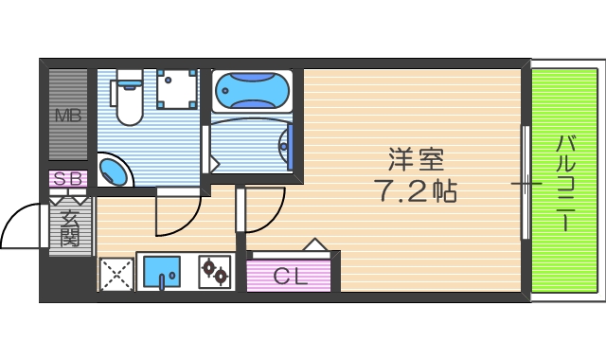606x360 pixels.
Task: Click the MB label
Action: point(68,117)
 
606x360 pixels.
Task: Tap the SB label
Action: point(69,178)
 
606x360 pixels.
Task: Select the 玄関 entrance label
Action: point(69,228)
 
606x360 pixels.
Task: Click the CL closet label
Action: point(289,276)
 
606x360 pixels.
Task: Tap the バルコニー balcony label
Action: point(566,182)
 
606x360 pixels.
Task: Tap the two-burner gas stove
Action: point(214,273)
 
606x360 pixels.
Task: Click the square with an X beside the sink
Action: point(116,274)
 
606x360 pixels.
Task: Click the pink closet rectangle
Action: point(289,276)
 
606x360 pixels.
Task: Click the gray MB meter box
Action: point(68,117)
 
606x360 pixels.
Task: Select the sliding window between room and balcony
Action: point(526,182)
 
